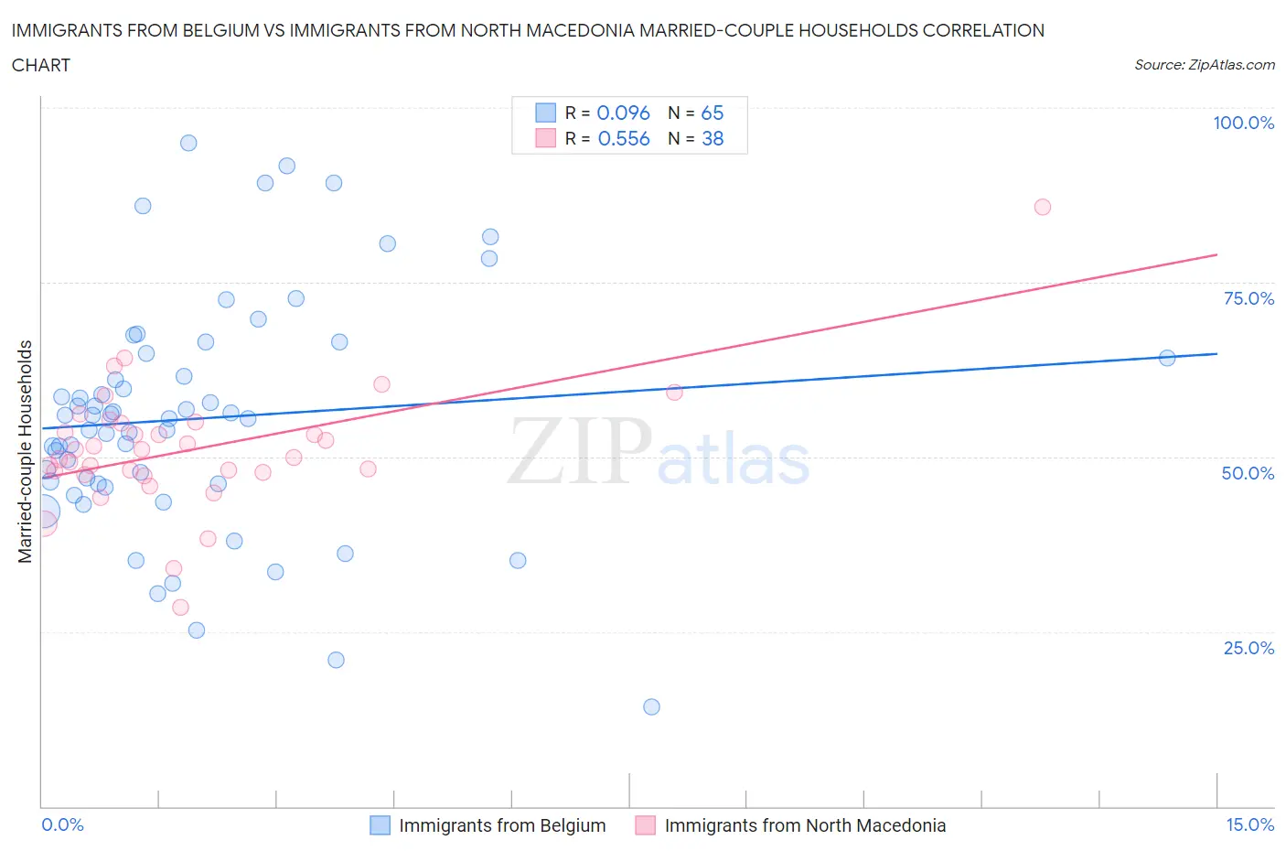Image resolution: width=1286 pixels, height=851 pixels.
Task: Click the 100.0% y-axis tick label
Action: (1243, 123)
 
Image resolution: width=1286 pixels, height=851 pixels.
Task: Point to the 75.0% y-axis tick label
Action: (1248, 298)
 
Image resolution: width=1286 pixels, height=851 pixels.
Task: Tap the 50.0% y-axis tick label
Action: (1248, 473)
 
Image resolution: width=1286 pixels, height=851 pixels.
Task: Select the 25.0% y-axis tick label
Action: (1248, 648)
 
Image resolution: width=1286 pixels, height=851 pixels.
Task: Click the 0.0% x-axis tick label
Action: (62, 824)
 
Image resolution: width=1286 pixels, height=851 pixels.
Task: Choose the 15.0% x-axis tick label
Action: (1249, 824)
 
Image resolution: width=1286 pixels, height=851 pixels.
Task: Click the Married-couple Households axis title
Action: (25, 451)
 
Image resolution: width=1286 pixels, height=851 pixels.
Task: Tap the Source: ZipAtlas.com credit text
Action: (1204, 64)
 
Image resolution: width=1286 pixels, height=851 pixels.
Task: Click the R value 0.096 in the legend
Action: (623, 113)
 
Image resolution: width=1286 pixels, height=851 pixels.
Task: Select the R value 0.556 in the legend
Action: (623, 138)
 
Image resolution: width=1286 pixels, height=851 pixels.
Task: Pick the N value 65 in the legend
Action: (712, 113)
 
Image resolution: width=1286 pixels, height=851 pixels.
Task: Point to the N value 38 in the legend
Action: (712, 138)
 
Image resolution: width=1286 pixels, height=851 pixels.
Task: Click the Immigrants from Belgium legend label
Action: (502, 825)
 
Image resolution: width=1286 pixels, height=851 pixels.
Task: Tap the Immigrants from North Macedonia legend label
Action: (805, 825)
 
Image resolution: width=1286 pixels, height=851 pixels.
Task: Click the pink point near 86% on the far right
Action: (1042, 207)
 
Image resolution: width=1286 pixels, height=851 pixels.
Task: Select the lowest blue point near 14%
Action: (651, 706)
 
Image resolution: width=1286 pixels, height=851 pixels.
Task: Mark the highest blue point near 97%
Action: (188, 143)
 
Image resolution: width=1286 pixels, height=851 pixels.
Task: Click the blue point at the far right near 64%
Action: (1166, 358)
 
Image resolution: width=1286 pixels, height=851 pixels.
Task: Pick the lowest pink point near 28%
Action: (180, 608)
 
